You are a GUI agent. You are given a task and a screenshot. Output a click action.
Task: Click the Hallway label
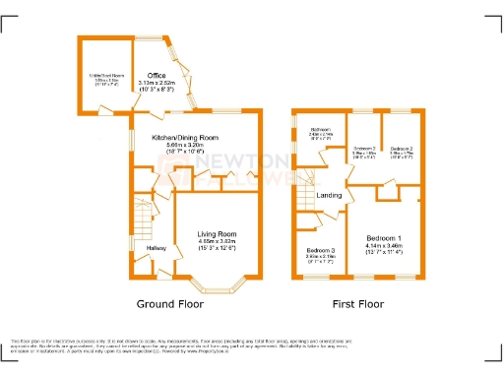[x=157, y=247]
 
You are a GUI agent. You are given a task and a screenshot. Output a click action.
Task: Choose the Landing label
[x=330, y=195]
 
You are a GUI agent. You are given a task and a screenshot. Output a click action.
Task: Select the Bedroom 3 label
[x=320, y=251]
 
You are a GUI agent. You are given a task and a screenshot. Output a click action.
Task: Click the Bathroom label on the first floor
[x=322, y=129]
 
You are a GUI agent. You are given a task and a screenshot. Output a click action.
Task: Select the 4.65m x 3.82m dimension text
[x=219, y=240]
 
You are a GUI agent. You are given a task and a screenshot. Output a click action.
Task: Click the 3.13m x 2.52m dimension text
[x=156, y=83]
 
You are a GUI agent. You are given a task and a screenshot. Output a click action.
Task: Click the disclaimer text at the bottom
[x=252, y=344]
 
